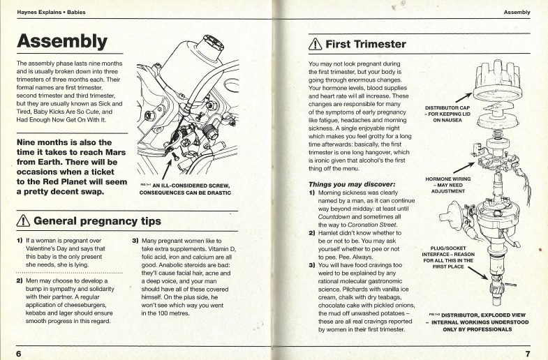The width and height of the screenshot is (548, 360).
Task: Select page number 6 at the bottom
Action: point(19,353)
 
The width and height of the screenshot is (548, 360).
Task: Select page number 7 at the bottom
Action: point(528,353)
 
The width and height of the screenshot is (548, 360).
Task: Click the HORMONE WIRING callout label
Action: point(447,184)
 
